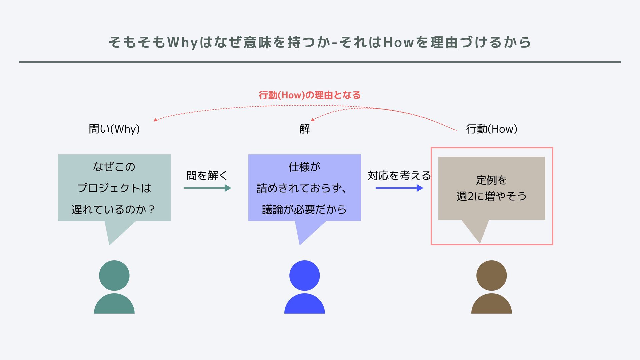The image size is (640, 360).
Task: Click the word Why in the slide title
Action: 183,43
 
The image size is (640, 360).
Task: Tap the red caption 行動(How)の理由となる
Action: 310,95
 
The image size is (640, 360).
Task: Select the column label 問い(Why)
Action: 114,129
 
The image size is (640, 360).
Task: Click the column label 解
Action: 304,129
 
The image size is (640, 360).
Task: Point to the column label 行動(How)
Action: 491,129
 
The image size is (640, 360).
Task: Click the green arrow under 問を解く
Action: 207,188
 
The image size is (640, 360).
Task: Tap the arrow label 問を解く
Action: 207,175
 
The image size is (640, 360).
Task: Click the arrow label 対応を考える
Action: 399,175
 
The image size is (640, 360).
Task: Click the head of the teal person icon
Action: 114,275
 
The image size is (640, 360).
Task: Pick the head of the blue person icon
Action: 304,275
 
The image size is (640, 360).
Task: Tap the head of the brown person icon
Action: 491,275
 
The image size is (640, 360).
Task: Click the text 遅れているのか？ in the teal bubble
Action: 114,210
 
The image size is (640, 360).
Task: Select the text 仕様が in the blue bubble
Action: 304,167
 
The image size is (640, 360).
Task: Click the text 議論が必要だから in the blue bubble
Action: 304,210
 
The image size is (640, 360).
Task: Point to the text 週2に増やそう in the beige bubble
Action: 491,196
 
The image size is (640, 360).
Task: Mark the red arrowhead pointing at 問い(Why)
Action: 156,120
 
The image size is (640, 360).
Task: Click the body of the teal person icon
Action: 114,305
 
